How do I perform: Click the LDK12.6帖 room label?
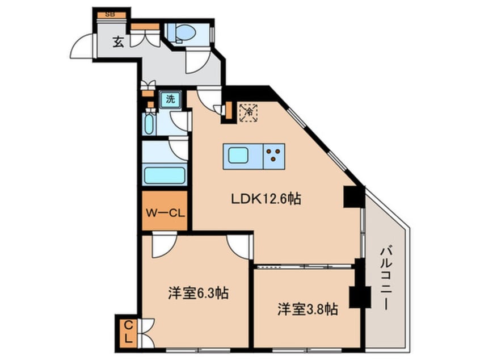[265, 199]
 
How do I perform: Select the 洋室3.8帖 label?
[308, 309]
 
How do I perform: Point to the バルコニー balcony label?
[385, 278]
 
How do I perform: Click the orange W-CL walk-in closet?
[164, 214]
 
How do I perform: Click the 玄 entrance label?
[117, 42]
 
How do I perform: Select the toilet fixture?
[185, 32]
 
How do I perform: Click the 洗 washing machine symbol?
[170, 100]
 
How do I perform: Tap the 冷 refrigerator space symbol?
[248, 112]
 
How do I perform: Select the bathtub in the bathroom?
[164, 175]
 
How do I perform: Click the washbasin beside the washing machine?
[149, 124]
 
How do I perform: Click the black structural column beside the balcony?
[355, 197]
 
